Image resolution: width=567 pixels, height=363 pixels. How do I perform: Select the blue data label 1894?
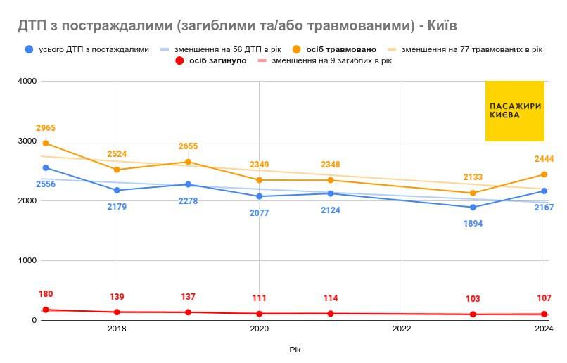[x=473, y=224]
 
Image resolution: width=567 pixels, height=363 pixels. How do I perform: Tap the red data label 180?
[x=46, y=294]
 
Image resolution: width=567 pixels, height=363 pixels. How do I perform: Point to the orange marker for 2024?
[x=544, y=174]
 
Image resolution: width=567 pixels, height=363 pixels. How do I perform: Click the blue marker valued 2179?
[x=117, y=190]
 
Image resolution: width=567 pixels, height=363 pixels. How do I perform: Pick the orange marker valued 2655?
[x=188, y=162]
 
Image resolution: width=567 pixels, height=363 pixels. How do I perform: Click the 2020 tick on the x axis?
[x=259, y=329]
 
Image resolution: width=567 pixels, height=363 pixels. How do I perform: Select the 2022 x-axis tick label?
[x=402, y=329]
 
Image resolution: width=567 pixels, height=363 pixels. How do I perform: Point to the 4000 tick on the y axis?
[x=26, y=82]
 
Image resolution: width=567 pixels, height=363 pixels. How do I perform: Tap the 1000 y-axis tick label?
[x=26, y=261]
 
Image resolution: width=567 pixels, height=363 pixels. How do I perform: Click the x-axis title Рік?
[x=294, y=350]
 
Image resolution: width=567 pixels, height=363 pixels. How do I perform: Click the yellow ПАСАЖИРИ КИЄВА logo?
[x=514, y=110]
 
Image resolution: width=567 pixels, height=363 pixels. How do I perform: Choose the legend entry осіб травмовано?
[x=341, y=49]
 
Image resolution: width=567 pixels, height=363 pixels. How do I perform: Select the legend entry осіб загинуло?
[x=217, y=61]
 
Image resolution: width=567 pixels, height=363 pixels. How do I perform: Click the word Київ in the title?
[x=442, y=26]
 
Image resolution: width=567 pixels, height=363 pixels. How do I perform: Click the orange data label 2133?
[x=473, y=177]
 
